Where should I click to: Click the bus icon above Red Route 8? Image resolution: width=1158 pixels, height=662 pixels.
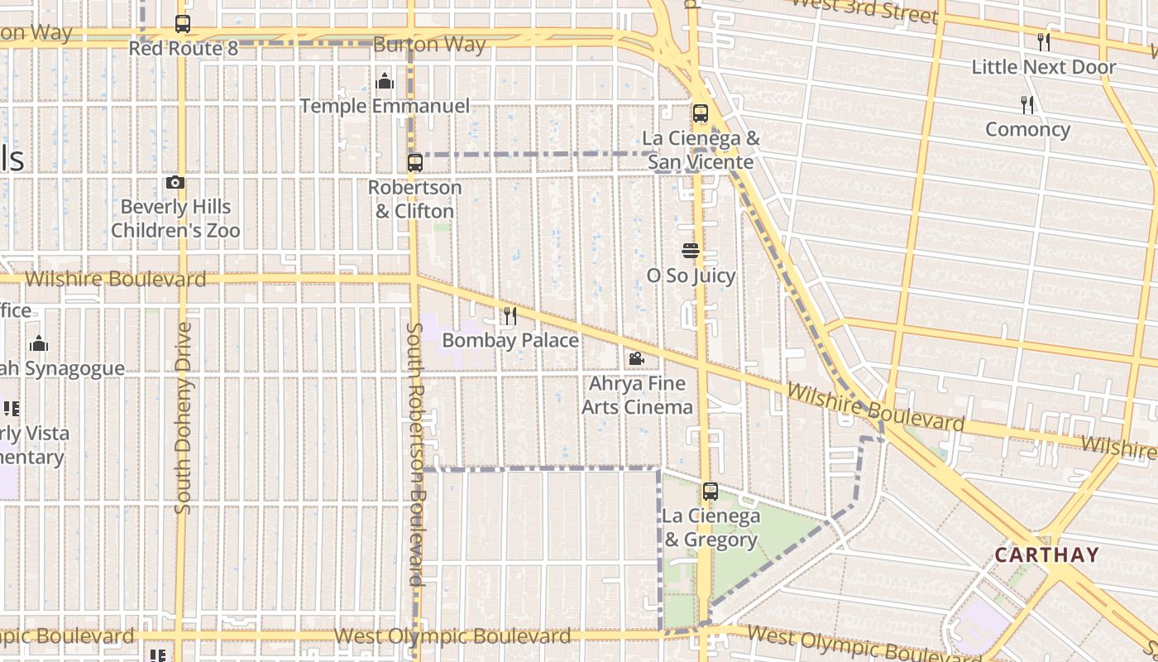pyautogui.click(x=183, y=24)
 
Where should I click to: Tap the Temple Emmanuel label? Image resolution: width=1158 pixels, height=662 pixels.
pyautogui.click(x=384, y=106)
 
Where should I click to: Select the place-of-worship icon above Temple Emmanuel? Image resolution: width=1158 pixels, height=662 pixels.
pyautogui.click(x=384, y=81)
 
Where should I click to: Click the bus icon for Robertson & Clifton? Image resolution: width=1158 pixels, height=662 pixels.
pyautogui.click(x=415, y=163)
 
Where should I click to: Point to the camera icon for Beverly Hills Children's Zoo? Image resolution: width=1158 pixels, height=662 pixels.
pyautogui.click(x=175, y=182)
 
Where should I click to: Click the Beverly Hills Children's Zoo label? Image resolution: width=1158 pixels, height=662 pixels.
pyautogui.click(x=175, y=218)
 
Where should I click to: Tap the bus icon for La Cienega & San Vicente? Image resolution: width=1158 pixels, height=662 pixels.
pyautogui.click(x=701, y=113)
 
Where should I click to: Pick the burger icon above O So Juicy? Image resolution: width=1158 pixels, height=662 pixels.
pyautogui.click(x=691, y=250)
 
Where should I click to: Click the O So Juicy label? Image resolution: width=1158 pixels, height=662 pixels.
pyautogui.click(x=691, y=276)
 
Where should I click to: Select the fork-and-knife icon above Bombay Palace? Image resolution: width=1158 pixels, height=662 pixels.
pyautogui.click(x=510, y=315)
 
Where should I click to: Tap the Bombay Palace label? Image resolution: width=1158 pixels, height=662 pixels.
pyautogui.click(x=510, y=340)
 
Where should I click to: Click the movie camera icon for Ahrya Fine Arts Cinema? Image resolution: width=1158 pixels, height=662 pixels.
pyautogui.click(x=636, y=358)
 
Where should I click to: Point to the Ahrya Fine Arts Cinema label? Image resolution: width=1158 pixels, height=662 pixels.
pyautogui.click(x=637, y=396)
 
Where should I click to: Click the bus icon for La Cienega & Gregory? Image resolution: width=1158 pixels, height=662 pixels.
pyautogui.click(x=710, y=492)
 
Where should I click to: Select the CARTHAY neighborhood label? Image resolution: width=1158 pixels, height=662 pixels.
pyautogui.click(x=1046, y=554)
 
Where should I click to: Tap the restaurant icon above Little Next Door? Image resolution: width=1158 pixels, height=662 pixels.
pyautogui.click(x=1044, y=41)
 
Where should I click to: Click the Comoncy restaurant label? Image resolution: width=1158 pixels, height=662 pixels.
pyautogui.click(x=1027, y=130)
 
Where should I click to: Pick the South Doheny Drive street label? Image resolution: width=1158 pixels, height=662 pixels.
pyautogui.click(x=183, y=418)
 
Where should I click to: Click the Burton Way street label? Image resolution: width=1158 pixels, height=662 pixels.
pyautogui.click(x=428, y=45)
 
